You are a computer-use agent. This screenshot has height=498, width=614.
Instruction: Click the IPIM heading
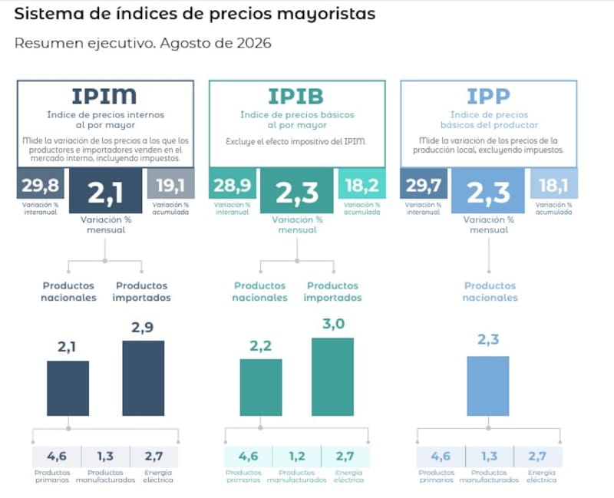[104, 96]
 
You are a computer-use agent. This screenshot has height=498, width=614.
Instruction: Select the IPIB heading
[296, 97]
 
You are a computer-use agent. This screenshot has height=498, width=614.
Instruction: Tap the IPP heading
[488, 97]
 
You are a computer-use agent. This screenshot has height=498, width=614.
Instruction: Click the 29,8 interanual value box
[41, 183]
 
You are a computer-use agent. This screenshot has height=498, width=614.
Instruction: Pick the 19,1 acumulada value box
[170, 183]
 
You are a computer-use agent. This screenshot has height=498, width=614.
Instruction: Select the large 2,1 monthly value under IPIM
[106, 191]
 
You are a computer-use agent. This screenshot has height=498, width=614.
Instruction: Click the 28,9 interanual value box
[233, 183]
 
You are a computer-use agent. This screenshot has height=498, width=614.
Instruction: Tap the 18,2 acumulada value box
[361, 183]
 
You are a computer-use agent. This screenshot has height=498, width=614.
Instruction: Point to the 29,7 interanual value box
[424, 183]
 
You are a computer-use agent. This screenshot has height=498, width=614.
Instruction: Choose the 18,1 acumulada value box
[553, 183]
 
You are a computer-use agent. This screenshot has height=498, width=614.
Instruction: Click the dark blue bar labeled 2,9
[144, 378]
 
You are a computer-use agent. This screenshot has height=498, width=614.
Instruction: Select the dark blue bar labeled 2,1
[68, 388]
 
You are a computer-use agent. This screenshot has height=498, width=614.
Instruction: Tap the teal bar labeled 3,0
[332, 377]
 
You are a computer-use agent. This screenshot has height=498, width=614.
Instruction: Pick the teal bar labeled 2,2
[261, 388]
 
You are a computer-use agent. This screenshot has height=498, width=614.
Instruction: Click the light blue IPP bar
[488, 386]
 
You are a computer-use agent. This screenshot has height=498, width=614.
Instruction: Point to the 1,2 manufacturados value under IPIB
[297, 456]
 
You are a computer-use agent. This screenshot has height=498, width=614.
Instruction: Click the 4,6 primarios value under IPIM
[57, 456]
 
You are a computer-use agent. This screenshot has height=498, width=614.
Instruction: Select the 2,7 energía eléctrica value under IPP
[536, 456]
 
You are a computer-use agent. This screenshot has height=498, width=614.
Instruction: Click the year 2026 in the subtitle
[254, 43]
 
